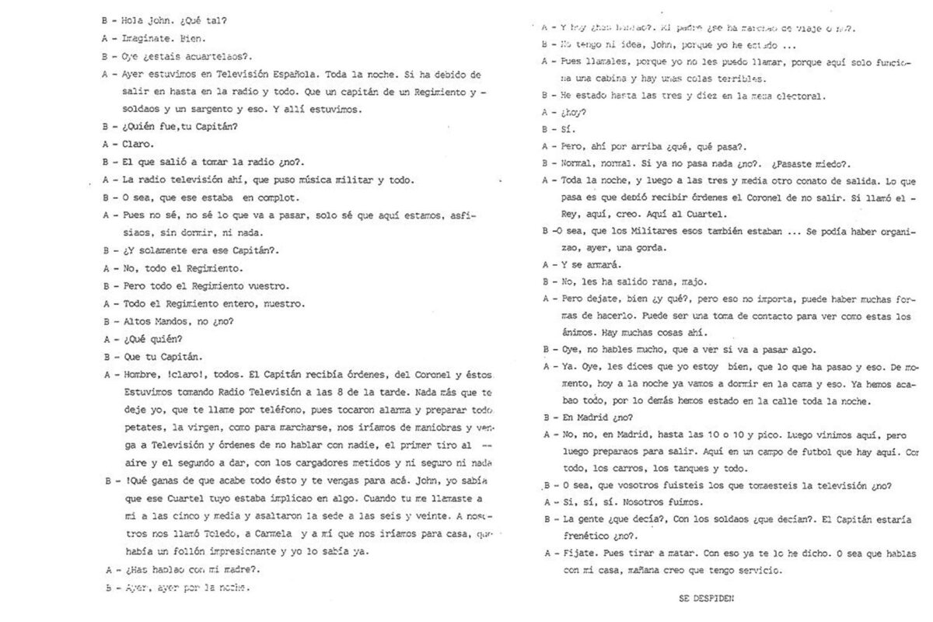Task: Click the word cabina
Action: pyautogui.click(x=605, y=79)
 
